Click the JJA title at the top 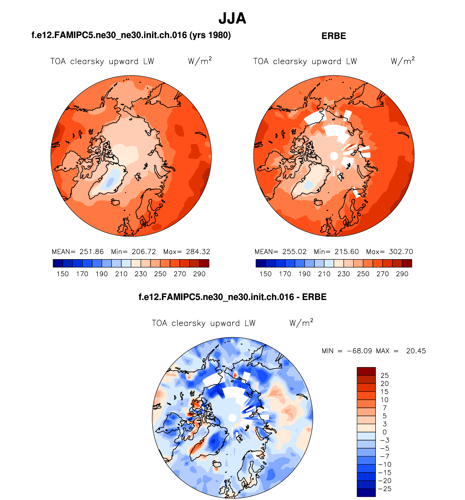pos(232,18)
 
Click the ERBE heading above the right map pos(334,36)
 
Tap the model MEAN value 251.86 pos(92,252)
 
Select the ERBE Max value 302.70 pos(401,252)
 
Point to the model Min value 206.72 pos(144,252)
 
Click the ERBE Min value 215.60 pos(347,252)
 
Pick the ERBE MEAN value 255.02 pos(294,252)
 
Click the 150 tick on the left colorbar pos(63,274)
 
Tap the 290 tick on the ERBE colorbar pos(402,274)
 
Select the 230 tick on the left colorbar pos(141,274)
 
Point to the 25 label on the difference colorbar pos(385,376)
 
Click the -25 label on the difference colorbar pos(384,489)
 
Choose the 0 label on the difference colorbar pos(385,432)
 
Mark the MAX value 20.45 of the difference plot pos(416,351)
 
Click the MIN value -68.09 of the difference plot pos(359,351)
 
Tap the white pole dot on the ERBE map pos(334,156)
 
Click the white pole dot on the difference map pos(232,418)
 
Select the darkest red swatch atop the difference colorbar pos(366,371)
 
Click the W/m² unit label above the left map pos(200,61)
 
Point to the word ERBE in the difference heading pos(314,297)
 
